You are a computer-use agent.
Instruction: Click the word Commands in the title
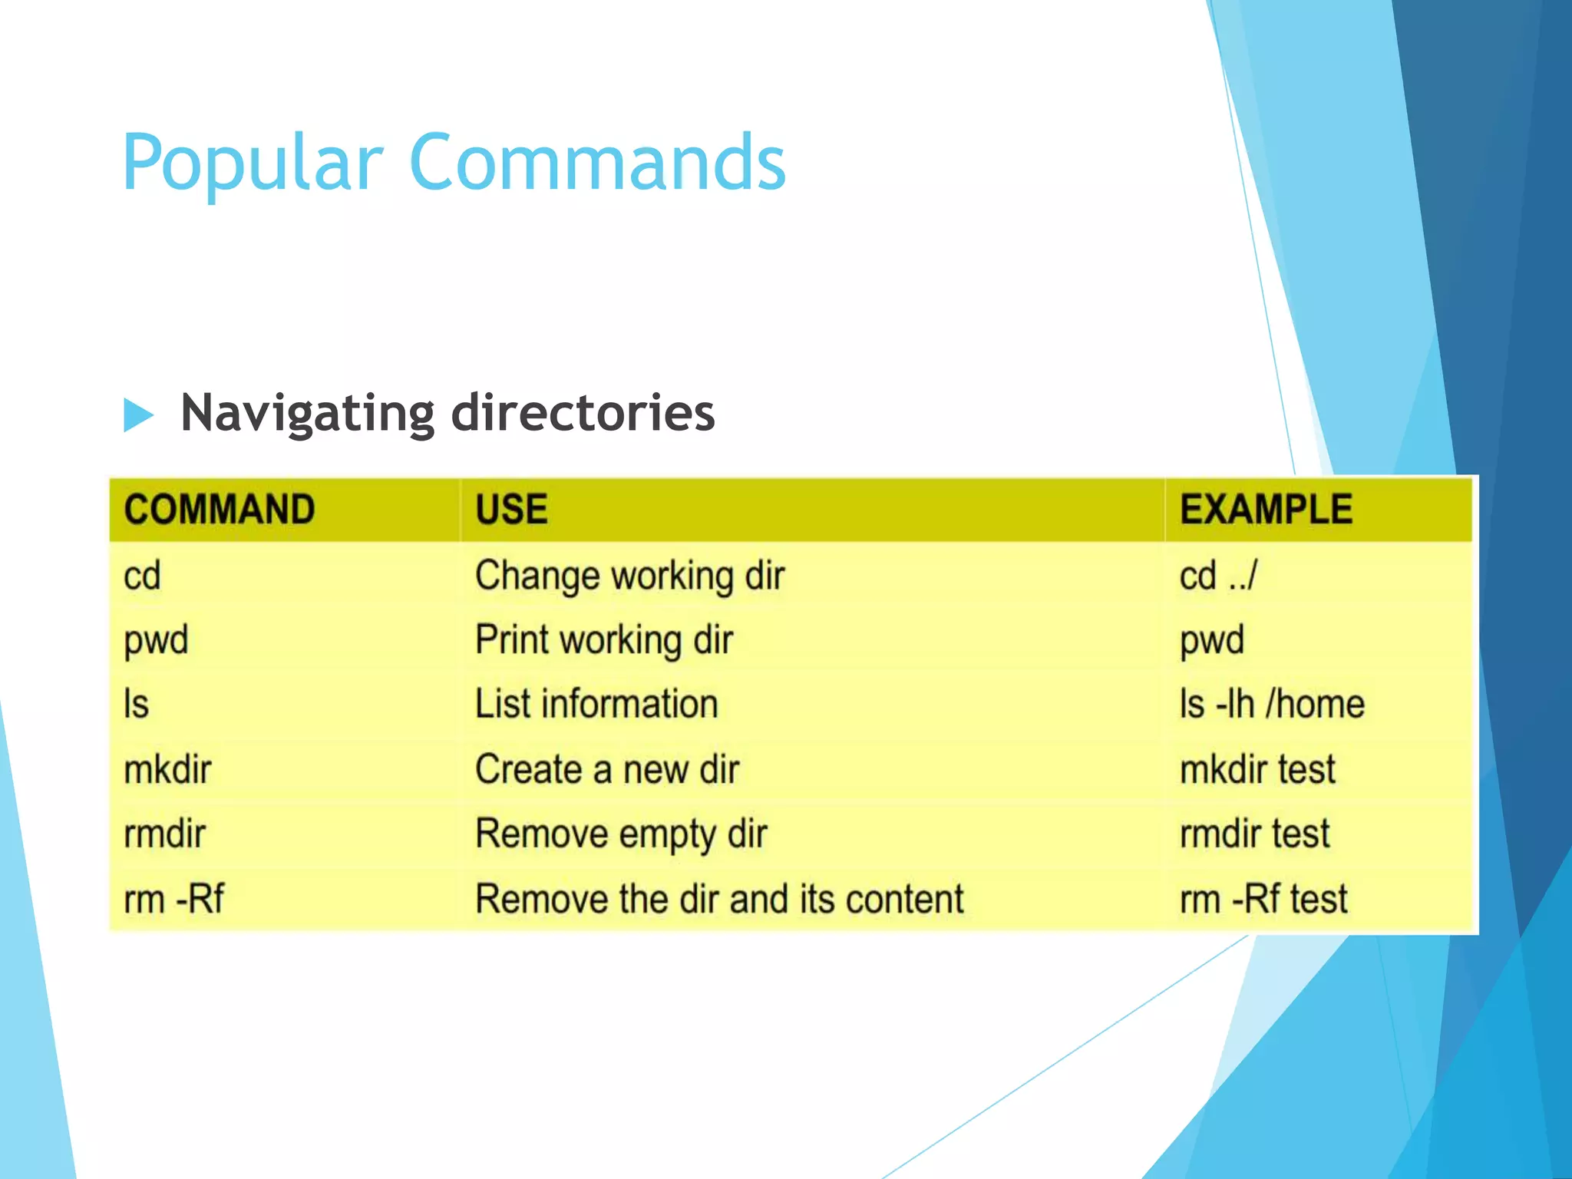tap(598, 163)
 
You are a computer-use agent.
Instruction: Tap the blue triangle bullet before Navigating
tap(138, 415)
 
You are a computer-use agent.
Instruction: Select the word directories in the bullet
tap(583, 413)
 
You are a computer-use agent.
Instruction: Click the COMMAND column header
tap(220, 510)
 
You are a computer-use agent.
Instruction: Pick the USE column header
tap(511, 510)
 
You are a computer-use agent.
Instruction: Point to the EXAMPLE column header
tap(1266, 510)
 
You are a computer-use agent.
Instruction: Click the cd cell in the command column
tap(143, 576)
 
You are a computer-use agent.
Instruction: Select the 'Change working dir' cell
tap(629, 576)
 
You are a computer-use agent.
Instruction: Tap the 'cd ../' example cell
tap(1218, 576)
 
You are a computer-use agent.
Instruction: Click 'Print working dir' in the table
tap(604, 640)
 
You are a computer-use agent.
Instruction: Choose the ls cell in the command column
tap(137, 704)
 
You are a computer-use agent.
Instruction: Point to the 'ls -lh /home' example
tap(1272, 704)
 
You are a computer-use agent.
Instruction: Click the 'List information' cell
tap(596, 704)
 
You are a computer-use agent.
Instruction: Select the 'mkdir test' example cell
tap(1257, 769)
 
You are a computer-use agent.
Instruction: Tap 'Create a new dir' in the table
tap(607, 769)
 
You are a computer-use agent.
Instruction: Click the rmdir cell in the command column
tap(165, 834)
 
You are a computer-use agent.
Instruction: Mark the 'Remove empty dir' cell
tap(621, 834)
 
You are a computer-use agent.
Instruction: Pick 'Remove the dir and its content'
tap(719, 899)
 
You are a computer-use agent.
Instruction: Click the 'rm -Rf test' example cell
tap(1263, 899)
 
